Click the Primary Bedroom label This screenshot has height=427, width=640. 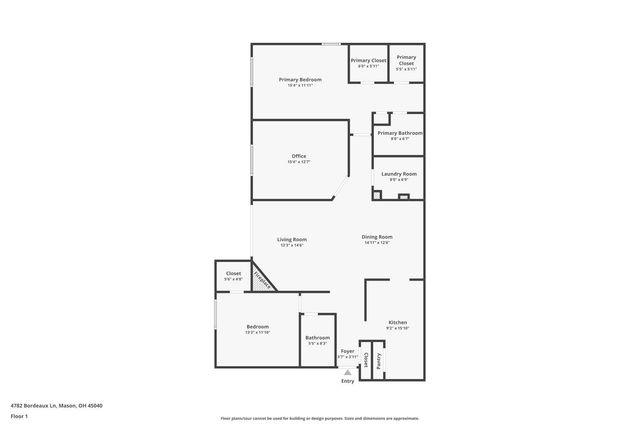(x=300, y=79)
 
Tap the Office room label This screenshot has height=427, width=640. (x=298, y=156)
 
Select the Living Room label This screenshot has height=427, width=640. (x=292, y=239)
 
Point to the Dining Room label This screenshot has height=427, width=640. (x=377, y=237)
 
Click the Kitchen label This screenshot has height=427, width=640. (x=397, y=322)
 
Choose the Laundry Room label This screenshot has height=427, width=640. (x=397, y=174)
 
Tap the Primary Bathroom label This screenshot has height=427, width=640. (x=399, y=132)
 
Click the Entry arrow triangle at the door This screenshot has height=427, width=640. (x=347, y=371)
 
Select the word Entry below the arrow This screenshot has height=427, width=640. (x=347, y=381)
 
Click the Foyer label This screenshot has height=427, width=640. (x=347, y=351)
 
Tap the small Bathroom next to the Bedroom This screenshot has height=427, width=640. (x=318, y=338)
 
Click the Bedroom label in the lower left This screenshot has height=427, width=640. (x=257, y=326)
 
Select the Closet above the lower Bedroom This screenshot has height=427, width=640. (x=233, y=273)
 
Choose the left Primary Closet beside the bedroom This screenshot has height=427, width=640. (x=367, y=61)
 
